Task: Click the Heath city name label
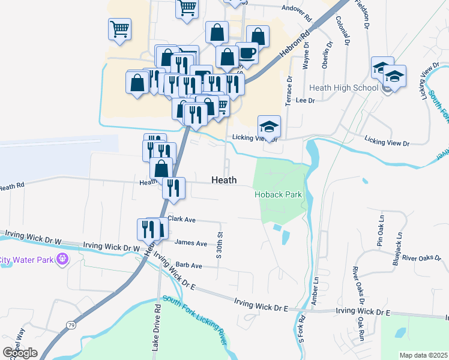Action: click(224, 180)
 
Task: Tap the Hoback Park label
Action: click(277, 194)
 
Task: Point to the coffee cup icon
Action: click(247, 53)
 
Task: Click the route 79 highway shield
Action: click(71, 325)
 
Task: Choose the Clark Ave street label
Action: click(182, 220)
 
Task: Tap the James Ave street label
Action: click(190, 243)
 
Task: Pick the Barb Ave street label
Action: click(188, 265)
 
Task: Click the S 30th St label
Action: click(220, 245)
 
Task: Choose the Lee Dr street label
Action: click(306, 101)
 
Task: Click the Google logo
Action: click(20, 353)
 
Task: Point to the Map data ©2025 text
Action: click(424, 355)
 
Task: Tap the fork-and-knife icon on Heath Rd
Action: click(173, 188)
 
